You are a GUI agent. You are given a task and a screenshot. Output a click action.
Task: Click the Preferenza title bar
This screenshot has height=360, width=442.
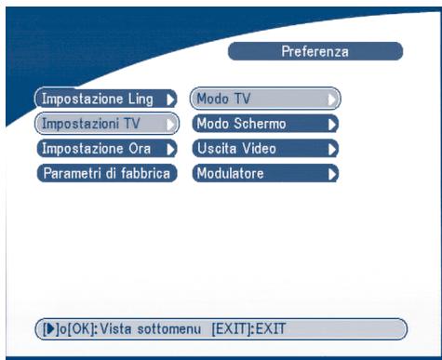pos(315,52)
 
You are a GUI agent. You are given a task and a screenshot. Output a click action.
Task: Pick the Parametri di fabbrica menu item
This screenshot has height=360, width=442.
pos(105,172)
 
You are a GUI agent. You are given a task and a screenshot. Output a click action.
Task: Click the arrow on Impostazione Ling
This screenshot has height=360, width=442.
pos(170,98)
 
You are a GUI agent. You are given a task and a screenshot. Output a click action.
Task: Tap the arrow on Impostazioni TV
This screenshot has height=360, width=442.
pos(170,123)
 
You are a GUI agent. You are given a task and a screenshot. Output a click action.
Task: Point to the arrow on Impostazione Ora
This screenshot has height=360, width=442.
pos(170,148)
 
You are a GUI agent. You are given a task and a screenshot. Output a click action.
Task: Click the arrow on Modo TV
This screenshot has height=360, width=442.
pos(331,98)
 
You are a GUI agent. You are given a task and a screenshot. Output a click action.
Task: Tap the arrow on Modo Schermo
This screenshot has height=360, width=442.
pos(331,123)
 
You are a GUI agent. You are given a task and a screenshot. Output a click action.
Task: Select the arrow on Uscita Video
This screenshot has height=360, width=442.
pos(331,148)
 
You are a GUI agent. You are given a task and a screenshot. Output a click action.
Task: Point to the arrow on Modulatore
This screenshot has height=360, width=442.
pos(331,172)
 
